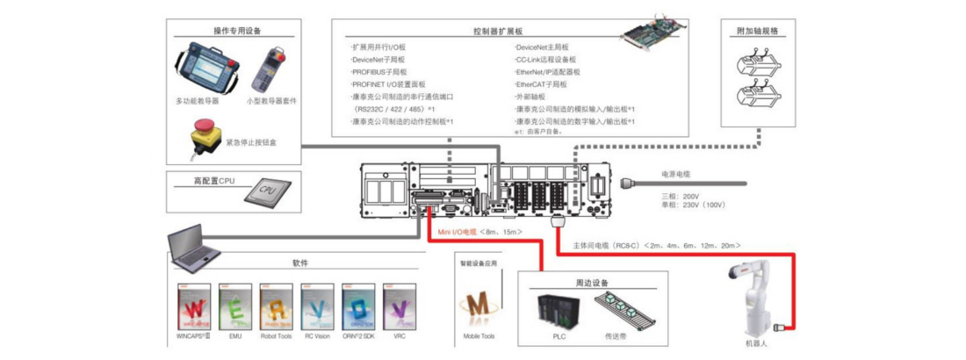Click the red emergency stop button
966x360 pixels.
pyautogui.click(x=199, y=138)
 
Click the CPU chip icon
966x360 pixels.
pyautogui.click(x=268, y=190)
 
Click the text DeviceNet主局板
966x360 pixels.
pyautogui.click(x=542, y=47)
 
